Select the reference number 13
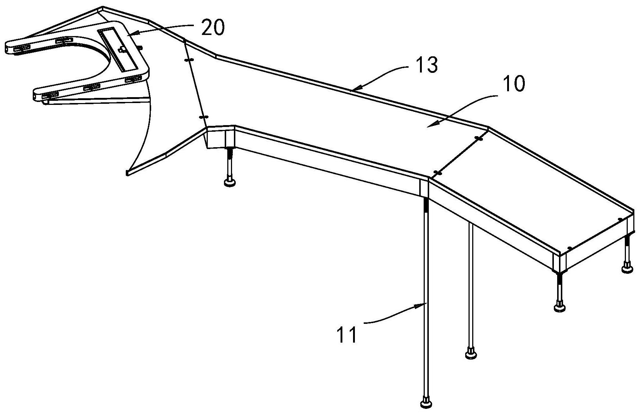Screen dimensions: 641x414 [427, 65]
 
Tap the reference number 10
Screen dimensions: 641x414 [514, 84]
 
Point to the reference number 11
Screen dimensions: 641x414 [347, 335]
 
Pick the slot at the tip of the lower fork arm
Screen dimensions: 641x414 [50, 96]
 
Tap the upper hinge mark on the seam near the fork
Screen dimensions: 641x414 [189, 60]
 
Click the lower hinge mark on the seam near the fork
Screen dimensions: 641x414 [203, 117]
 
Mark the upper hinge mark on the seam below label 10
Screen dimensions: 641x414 [478, 138]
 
